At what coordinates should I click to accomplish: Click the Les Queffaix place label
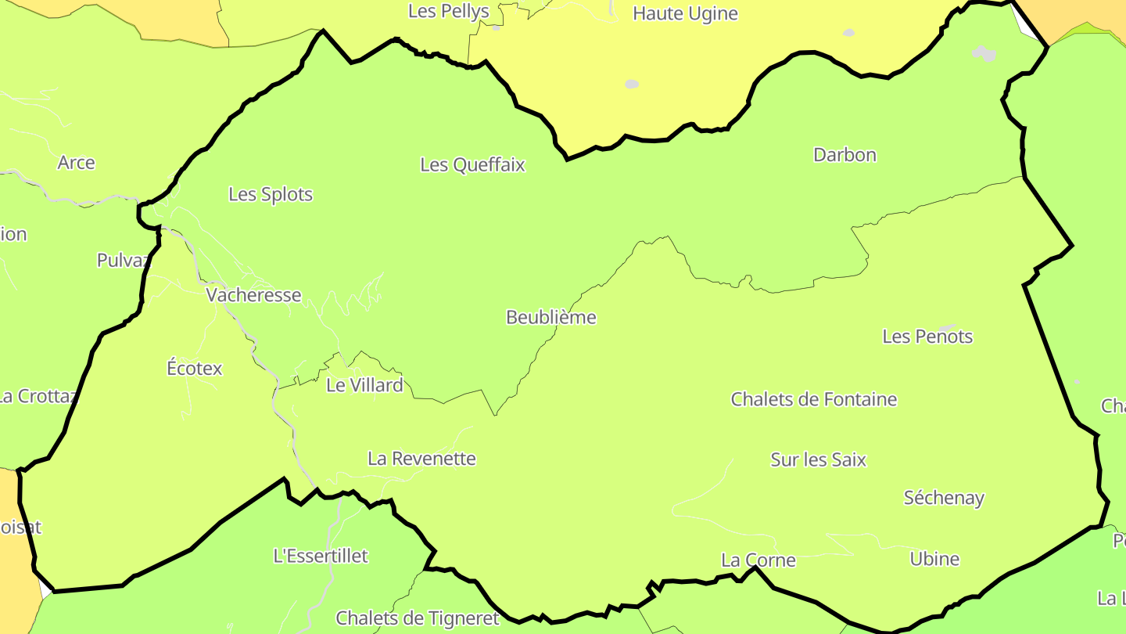point(472,165)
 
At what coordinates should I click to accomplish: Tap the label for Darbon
point(844,155)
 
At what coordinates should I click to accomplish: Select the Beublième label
point(550,318)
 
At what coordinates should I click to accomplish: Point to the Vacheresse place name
point(253,295)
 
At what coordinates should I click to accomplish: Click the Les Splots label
point(271,195)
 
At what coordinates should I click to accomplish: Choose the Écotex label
point(195,368)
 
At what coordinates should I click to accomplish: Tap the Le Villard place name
point(364,385)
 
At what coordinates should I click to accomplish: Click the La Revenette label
point(421,459)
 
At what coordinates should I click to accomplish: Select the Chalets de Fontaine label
point(813,399)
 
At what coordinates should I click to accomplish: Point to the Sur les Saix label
point(818,460)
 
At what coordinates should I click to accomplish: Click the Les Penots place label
point(927,337)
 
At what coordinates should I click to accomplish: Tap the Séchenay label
point(944,498)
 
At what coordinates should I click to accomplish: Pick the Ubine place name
point(934,559)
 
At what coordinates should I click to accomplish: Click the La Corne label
point(758,560)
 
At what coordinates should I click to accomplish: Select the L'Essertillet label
point(321,556)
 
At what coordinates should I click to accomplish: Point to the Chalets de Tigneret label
point(417,618)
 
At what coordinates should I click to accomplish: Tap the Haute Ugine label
point(685,13)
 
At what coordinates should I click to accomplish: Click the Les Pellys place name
point(449,11)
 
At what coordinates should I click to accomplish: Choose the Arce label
point(77,163)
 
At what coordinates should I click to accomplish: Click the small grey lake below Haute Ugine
point(632,84)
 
